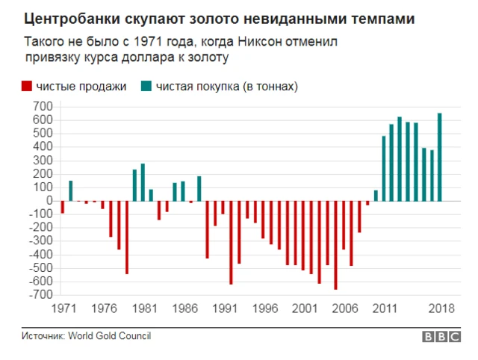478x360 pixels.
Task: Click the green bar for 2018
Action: (x=439, y=157)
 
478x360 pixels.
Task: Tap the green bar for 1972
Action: (x=71, y=190)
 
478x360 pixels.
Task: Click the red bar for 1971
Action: (x=63, y=207)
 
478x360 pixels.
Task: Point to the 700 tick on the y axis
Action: (x=43, y=107)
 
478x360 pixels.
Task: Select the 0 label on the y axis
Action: (x=49, y=201)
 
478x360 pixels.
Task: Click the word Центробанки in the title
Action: (x=66, y=16)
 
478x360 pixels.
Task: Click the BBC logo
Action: (x=441, y=337)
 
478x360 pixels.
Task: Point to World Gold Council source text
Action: (x=110, y=336)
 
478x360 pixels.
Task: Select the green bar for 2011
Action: (x=383, y=169)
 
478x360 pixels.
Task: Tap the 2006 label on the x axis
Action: (x=344, y=308)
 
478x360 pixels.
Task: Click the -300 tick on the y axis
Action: (x=40, y=241)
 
